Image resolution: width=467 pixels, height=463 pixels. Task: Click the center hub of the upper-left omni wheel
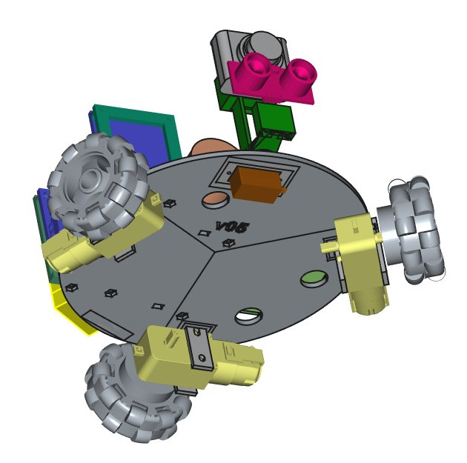tap(91, 179)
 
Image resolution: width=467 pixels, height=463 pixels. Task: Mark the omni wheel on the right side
tap(415, 230)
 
